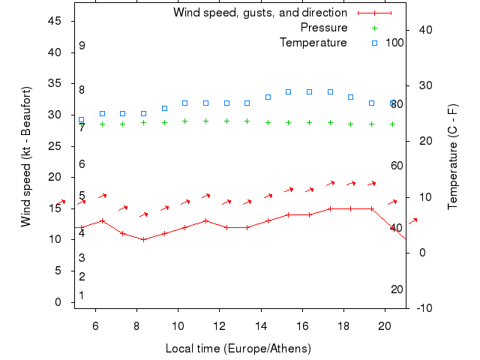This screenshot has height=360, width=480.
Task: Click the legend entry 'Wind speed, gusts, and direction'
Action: coord(259,13)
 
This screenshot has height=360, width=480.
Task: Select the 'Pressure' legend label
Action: coord(324,28)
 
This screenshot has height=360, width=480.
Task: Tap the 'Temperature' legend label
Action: coord(313,43)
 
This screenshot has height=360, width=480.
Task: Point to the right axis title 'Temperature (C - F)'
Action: coord(453,157)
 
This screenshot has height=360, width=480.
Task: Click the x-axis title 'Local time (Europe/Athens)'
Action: coord(238,349)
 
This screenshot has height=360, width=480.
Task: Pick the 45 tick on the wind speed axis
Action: coord(54,21)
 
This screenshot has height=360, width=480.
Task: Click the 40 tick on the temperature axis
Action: coord(423,30)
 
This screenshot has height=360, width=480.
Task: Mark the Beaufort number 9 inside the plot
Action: coord(82,46)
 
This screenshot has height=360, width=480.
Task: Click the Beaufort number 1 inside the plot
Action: coord(82,295)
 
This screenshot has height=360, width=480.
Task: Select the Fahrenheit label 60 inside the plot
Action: coord(397,166)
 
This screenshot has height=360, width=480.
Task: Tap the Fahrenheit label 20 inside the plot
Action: coord(397,289)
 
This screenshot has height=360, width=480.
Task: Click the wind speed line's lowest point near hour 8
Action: coord(143,239)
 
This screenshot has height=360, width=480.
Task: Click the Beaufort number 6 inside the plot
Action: coord(82,164)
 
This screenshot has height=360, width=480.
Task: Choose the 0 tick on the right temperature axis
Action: coord(423,253)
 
